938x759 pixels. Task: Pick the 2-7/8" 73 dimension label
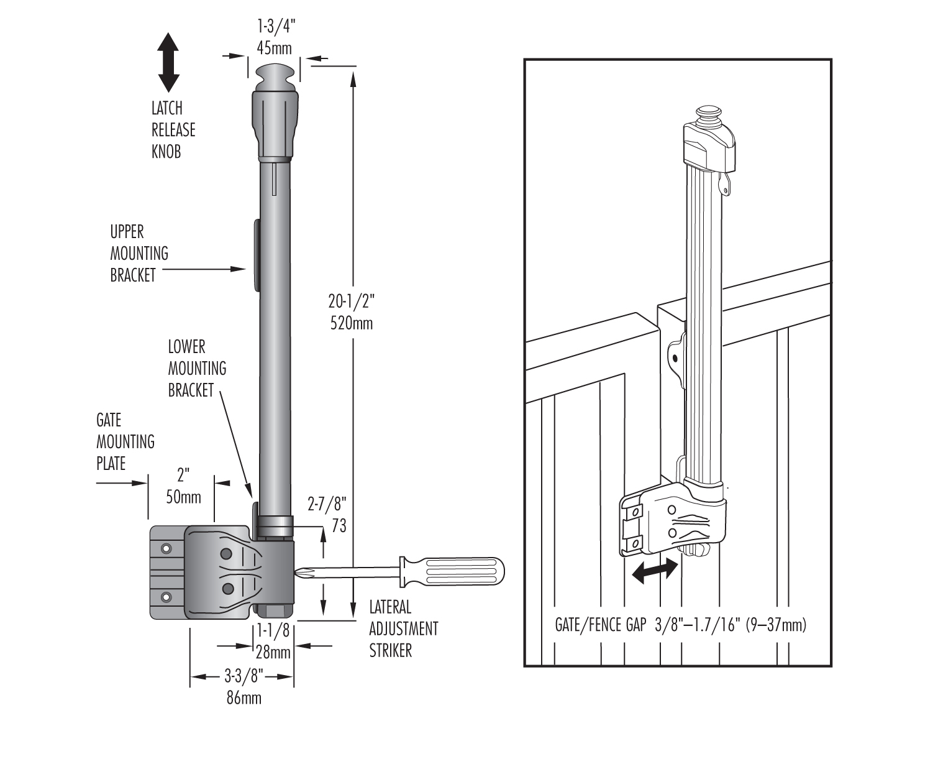(329, 516)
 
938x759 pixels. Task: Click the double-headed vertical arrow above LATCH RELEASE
(168, 62)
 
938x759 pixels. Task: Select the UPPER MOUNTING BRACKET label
(139, 254)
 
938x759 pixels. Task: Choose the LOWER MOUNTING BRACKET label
(197, 368)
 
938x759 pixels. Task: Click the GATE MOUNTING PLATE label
(125, 442)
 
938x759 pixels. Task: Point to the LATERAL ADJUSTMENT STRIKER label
(403, 628)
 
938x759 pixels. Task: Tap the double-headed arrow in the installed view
(654, 570)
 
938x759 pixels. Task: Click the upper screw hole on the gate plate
(166, 548)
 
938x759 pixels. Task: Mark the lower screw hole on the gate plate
(166, 597)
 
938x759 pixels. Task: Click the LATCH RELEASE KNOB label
(173, 129)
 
